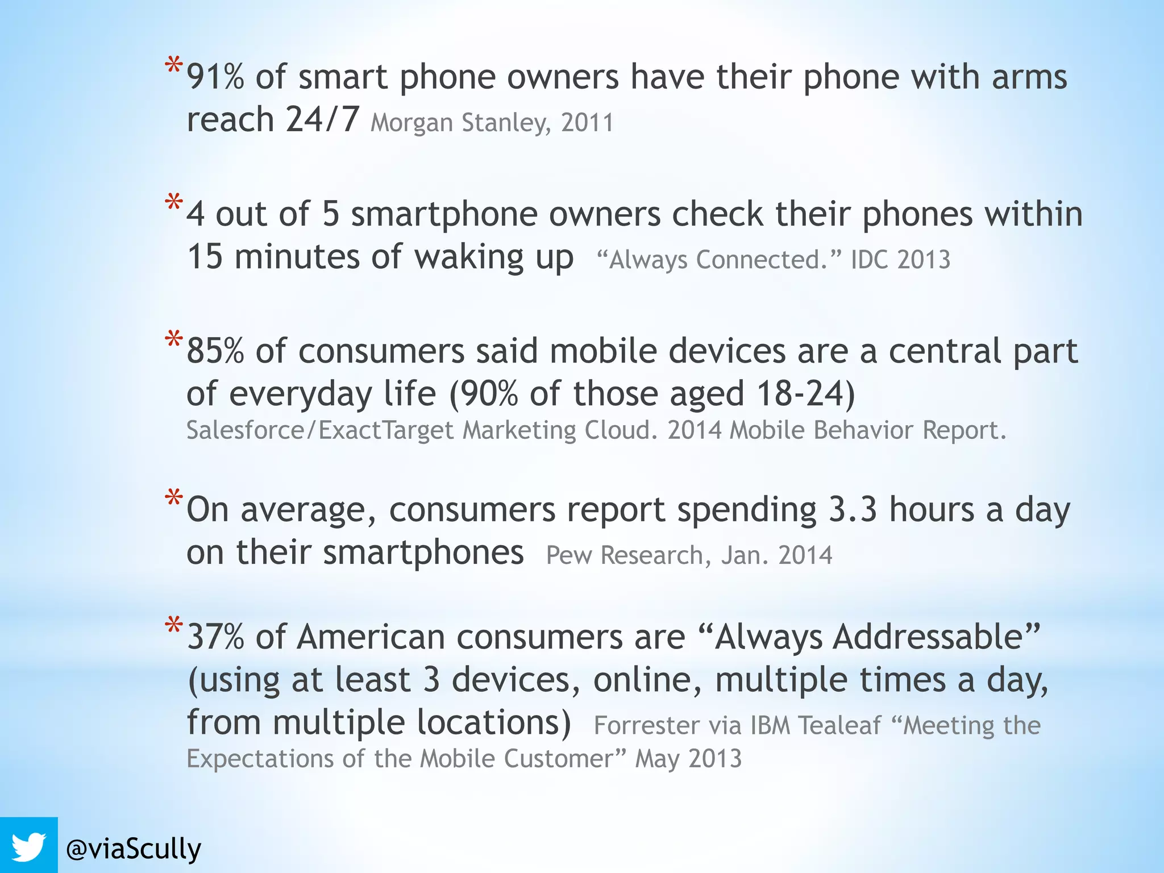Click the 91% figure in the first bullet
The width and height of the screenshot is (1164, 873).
pyautogui.click(x=215, y=77)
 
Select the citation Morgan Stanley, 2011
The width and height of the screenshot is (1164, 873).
pyautogui.click(x=492, y=123)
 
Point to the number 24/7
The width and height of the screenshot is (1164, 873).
pyautogui.click(x=322, y=119)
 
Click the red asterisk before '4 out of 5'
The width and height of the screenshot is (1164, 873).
pyautogui.click(x=173, y=203)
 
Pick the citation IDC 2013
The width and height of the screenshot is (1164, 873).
pyautogui.click(x=900, y=260)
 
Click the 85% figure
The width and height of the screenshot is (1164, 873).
pyautogui.click(x=215, y=351)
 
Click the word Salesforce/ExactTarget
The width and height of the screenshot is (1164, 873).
pyautogui.click(x=320, y=430)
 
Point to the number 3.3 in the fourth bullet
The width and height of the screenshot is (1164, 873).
pyautogui.click(x=853, y=509)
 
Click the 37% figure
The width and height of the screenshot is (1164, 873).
pyautogui.click(x=215, y=637)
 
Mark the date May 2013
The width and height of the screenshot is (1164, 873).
pyautogui.click(x=688, y=759)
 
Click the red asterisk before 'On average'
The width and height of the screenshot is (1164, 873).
pyautogui.click(x=173, y=499)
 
